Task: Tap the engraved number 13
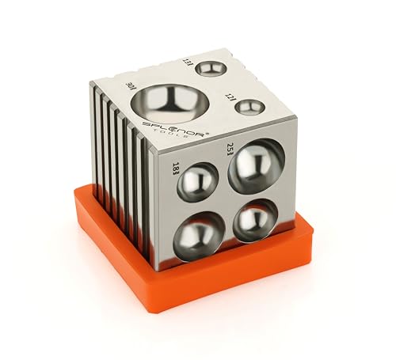(x=188, y=61)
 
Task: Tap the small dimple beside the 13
(x=211, y=69)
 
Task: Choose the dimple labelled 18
(x=197, y=183)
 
